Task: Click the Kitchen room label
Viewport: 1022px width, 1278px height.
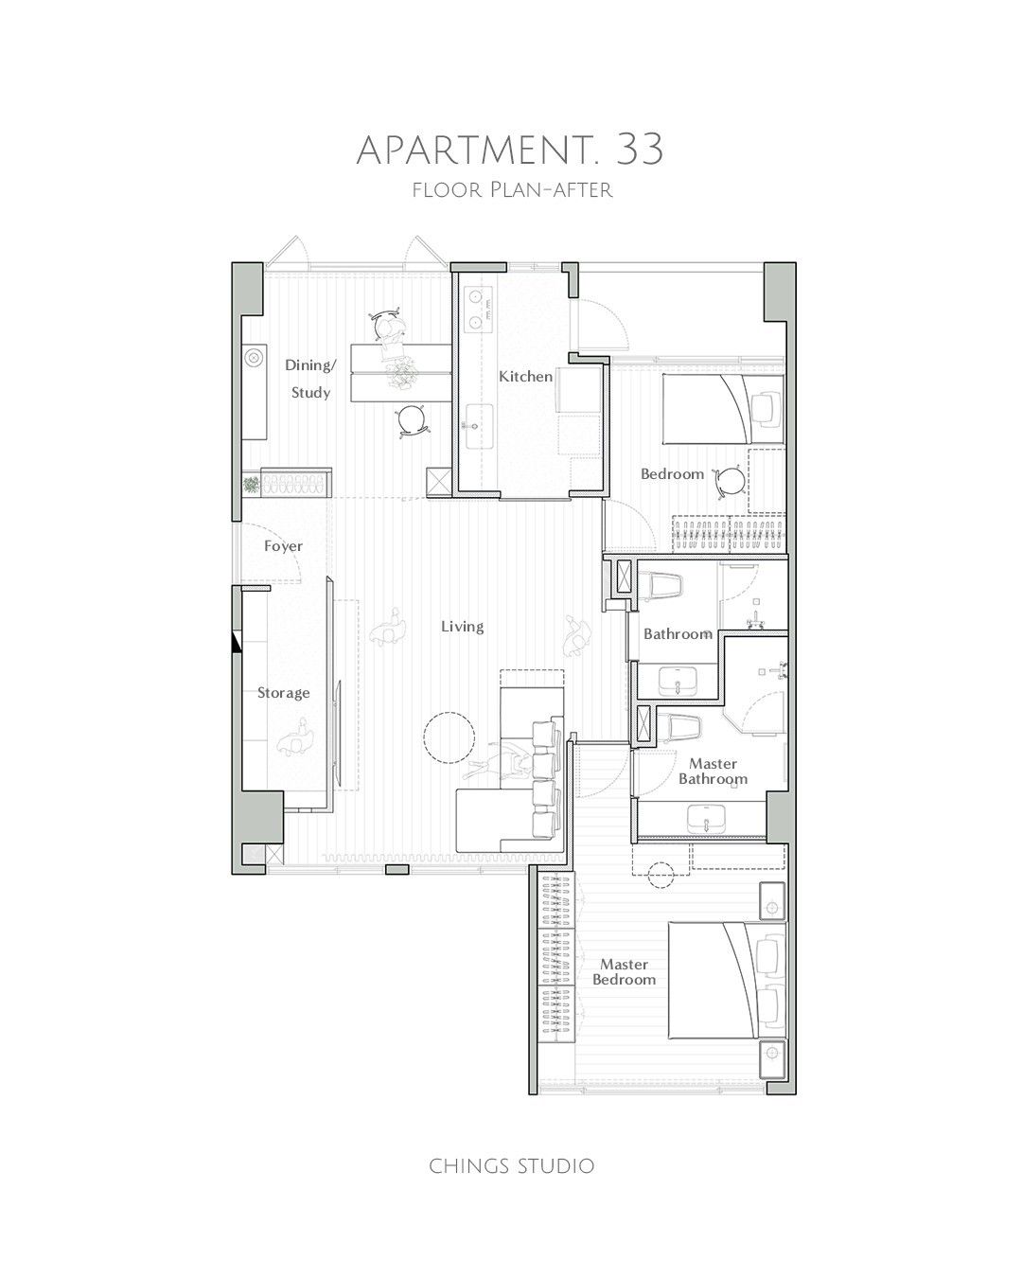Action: click(525, 377)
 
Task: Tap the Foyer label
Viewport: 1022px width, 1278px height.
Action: click(283, 546)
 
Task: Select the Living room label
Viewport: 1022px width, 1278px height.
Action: click(462, 627)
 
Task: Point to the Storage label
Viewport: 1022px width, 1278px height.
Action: click(283, 693)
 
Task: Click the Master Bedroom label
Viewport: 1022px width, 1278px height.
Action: click(625, 971)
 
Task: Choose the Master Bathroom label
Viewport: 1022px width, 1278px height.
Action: click(713, 771)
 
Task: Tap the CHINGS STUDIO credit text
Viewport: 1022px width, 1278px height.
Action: click(511, 1165)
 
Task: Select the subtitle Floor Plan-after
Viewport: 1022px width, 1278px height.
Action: click(512, 190)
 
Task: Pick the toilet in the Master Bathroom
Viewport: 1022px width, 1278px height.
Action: click(678, 729)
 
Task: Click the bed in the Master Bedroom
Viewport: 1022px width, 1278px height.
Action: click(727, 979)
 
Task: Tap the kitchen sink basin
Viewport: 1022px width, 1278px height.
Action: click(479, 426)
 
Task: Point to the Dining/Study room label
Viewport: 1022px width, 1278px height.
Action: click(310, 379)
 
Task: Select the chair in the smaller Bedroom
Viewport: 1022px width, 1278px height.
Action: click(730, 481)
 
